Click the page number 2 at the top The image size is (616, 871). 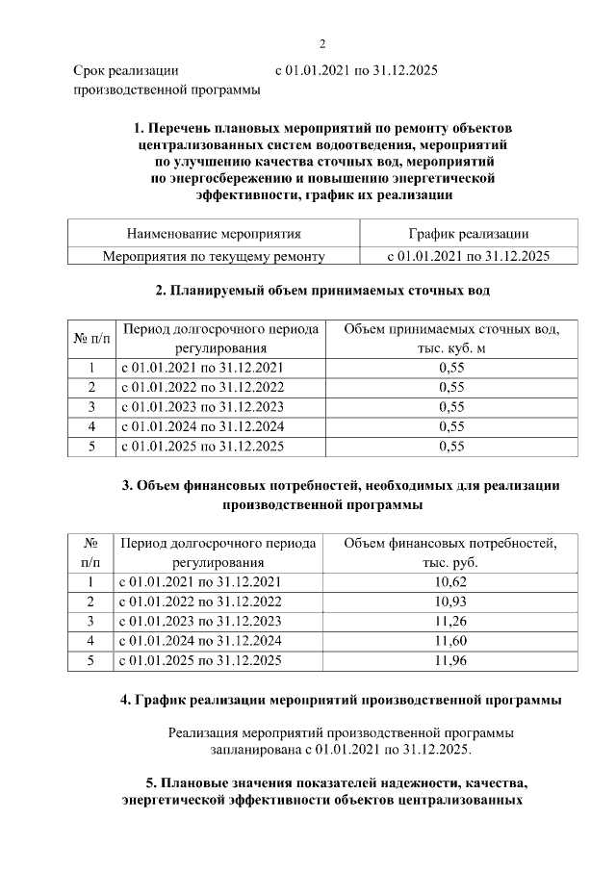tap(322, 43)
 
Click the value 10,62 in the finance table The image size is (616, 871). tap(450, 582)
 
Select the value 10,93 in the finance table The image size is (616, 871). tap(450, 602)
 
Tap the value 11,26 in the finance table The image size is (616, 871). tap(450, 621)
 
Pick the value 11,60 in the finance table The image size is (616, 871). tap(450, 640)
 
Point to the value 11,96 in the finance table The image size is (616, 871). tap(450, 660)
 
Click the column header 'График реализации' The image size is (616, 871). tap(468, 234)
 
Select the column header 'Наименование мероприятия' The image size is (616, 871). tap(214, 234)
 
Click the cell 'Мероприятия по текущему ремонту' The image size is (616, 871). tap(214, 256)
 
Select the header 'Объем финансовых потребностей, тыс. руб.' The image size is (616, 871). tap(450, 552)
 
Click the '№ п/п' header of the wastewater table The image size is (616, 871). tap(91, 339)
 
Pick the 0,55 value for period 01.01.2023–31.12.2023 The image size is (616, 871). tap(450, 406)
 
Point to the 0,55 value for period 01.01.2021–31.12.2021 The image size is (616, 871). tap(450, 368)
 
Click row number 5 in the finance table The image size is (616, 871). tap(90, 660)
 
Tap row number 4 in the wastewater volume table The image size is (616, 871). tap(91, 426)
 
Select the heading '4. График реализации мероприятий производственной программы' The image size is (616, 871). tap(341, 700)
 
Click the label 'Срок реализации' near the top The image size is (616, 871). tap(126, 71)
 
